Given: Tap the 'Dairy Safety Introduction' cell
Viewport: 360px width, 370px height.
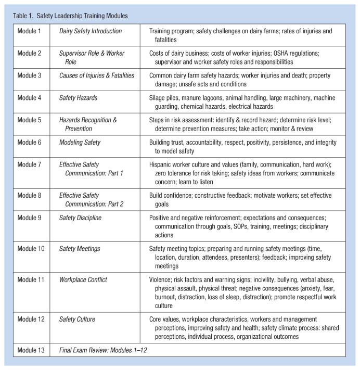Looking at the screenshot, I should coord(91,31).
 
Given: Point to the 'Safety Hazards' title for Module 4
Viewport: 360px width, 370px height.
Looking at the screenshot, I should coord(79,98).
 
